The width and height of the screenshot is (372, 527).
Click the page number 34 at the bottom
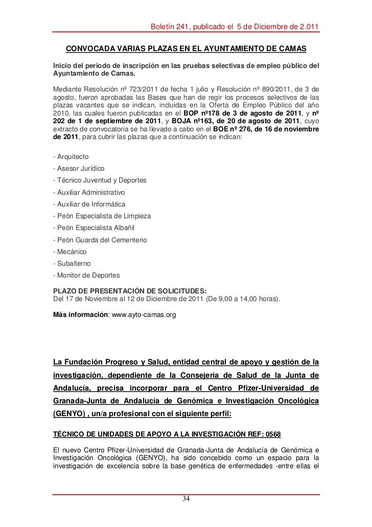(187, 499)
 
